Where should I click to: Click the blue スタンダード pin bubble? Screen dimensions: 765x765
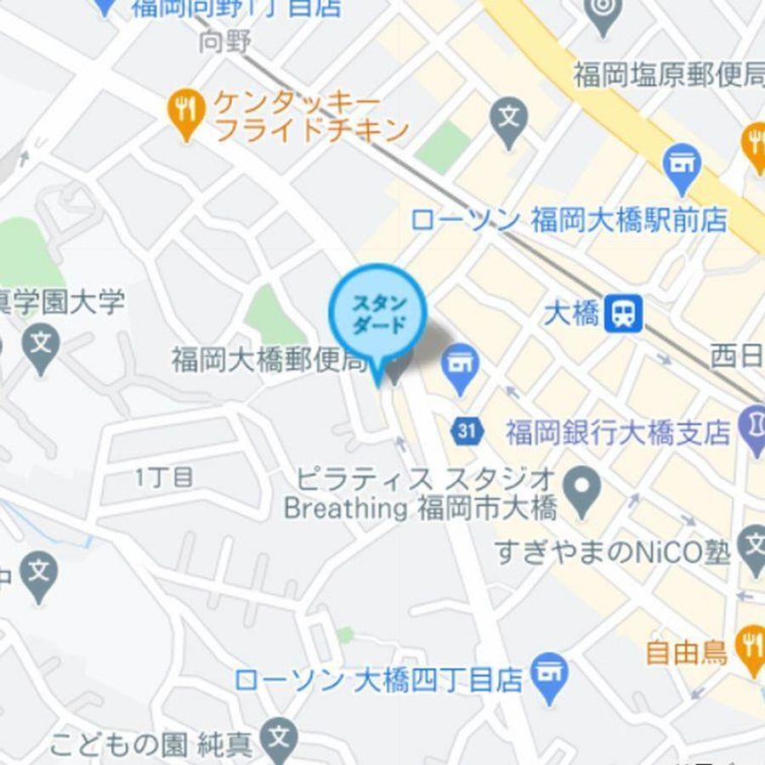click(x=377, y=315)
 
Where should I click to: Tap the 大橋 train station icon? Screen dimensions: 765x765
click(x=624, y=314)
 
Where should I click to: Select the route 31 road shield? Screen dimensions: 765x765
click(x=466, y=430)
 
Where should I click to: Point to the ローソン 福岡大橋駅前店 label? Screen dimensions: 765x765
click(x=569, y=220)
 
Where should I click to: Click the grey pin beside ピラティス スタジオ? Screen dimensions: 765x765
click(x=583, y=487)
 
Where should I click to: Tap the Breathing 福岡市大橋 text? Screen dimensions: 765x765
click(x=420, y=508)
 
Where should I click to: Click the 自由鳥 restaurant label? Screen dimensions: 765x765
click(x=686, y=652)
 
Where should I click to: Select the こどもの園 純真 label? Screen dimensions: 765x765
click(x=151, y=745)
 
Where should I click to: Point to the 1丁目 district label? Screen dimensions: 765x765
click(x=164, y=478)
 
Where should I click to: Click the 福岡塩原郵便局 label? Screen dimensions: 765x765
click(x=669, y=76)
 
